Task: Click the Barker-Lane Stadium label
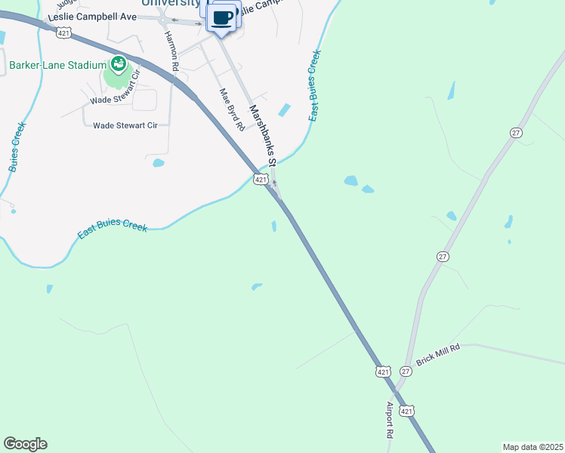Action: (57, 65)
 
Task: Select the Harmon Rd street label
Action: (172, 51)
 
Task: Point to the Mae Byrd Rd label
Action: (230, 109)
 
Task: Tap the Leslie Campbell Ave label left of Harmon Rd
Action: (91, 17)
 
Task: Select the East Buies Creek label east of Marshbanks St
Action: (315, 85)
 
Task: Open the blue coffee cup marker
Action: (222, 17)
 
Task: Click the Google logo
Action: (25, 444)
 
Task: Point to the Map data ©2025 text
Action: (533, 447)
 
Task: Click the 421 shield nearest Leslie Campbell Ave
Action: (64, 32)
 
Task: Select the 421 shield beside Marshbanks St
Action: (261, 179)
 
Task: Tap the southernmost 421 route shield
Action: (407, 410)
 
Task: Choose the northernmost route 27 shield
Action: (516, 133)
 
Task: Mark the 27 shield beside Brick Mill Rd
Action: (406, 371)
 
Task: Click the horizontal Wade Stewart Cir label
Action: (125, 125)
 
